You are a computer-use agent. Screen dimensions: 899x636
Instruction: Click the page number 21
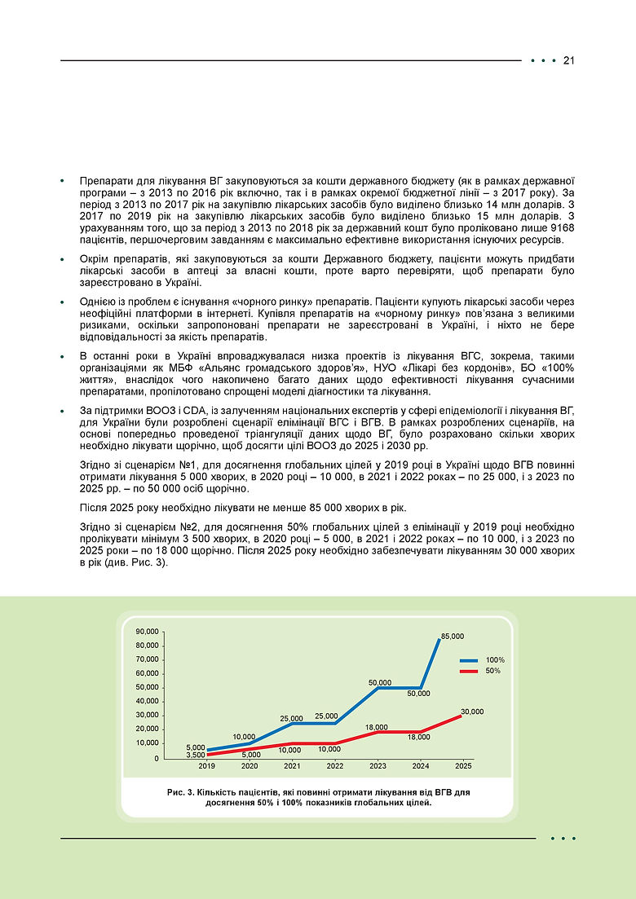[x=569, y=61]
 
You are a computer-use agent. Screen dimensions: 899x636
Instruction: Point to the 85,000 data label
[x=452, y=636]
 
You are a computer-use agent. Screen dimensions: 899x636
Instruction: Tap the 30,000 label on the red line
[x=471, y=712]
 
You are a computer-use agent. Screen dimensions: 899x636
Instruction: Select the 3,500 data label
[x=196, y=756]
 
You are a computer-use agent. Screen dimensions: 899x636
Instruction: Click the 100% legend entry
[x=495, y=659]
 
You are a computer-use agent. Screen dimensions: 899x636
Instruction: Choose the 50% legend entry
[x=492, y=671]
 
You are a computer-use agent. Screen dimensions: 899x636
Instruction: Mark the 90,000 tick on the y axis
[x=148, y=632]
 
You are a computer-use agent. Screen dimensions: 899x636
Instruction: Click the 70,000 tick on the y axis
[x=148, y=659]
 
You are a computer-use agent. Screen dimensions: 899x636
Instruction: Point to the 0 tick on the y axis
[x=155, y=759]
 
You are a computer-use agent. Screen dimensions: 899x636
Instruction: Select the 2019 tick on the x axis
[x=206, y=767]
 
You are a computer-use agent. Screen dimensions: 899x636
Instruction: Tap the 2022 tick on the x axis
[x=334, y=767]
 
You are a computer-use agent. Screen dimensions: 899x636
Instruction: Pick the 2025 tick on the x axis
[x=463, y=767]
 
